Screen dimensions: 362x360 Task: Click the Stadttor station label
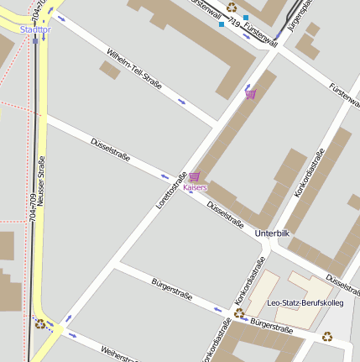[34, 29]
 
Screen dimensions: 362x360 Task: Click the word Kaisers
[195, 187]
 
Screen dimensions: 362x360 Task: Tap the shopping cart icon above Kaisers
[195, 176]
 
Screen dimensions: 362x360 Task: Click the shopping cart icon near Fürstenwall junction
[250, 93]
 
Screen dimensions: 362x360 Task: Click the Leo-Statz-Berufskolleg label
[305, 302]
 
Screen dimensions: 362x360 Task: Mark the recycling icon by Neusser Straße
[39, 322]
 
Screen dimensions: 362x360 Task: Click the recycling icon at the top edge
[232, 7]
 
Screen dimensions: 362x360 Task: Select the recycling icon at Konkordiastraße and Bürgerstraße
[239, 312]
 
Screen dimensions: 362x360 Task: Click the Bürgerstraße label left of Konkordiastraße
[172, 290]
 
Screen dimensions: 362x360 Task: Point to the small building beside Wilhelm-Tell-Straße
[110, 70]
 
